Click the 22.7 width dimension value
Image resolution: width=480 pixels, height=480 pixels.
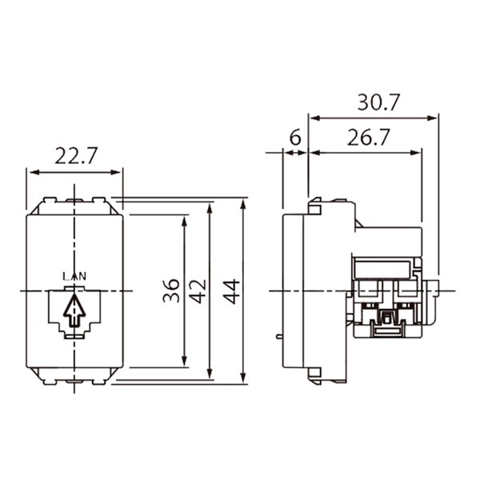tap(76, 156)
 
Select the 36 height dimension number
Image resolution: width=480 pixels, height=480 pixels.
tap(171, 290)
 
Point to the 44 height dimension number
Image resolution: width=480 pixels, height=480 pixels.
tap(231, 291)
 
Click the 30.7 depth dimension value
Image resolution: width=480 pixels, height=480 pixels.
tap(379, 102)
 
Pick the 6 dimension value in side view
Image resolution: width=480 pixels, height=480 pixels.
tap(295, 138)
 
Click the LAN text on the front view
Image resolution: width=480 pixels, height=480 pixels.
tap(74, 277)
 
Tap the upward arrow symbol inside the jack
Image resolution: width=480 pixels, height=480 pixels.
tap(74, 310)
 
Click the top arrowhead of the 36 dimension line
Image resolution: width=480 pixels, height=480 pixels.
tap(184, 221)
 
